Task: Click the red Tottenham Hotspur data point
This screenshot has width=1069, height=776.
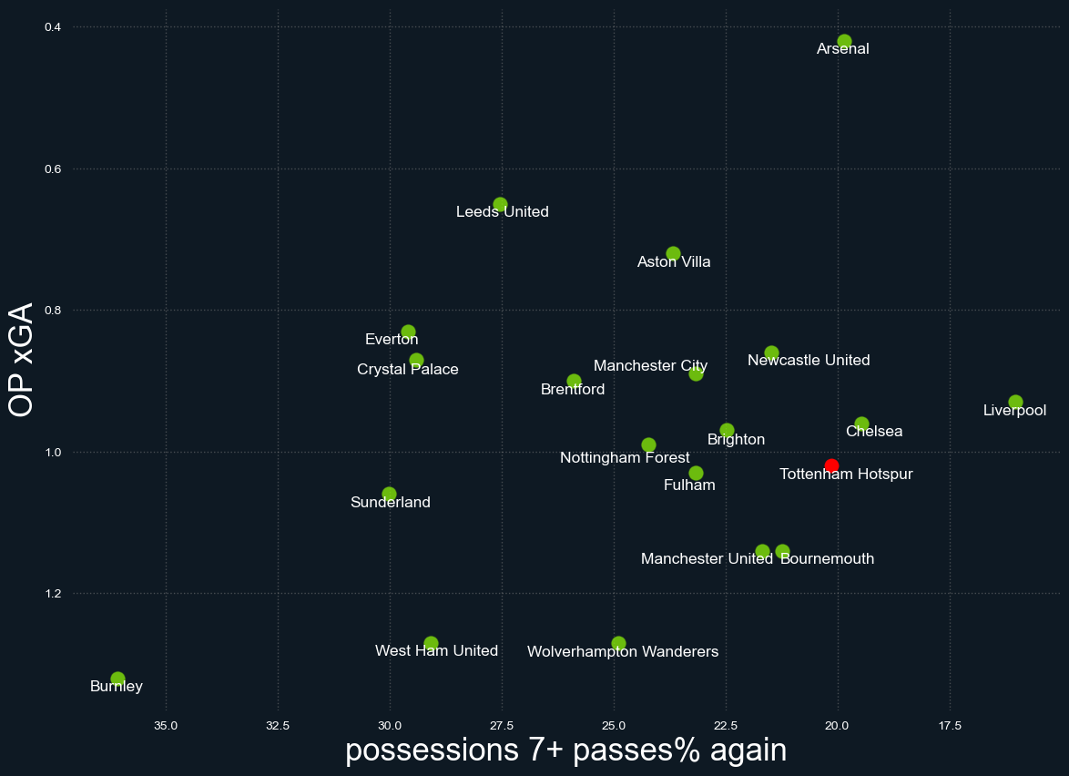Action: click(x=831, y=465)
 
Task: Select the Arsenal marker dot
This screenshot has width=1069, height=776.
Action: click(x=844, y=41)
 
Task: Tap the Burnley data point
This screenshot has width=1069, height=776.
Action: click(x=117, y=679)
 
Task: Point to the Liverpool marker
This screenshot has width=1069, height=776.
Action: click(x=1015, y=402)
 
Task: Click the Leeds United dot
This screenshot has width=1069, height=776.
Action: click(x=500, y=204)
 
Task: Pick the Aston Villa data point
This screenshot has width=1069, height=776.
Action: click(x=673, y=253)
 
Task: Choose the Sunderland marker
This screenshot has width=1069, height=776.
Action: click(x=389, y=494)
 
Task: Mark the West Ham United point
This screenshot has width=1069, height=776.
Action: click(x=431, y=643)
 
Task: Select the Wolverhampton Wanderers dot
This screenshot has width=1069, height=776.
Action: click(x=618, y=643)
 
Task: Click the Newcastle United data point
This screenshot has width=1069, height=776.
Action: click(x=771, y=352)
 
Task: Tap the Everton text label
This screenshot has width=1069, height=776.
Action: click(x=392, y=340)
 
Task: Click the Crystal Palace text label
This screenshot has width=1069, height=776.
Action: click(x=408, y=370)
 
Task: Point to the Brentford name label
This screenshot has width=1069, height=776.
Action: click(x=573, y=390)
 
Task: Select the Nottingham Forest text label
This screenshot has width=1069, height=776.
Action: click(x=625, y=458)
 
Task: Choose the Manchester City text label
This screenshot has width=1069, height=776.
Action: click(x=650, y=366)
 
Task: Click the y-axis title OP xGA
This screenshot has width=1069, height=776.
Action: click(x=21, y=360)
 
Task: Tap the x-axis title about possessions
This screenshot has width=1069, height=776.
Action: click(x=565, y=750)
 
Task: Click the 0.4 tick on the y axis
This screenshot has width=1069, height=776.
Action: click(x=52, y=27)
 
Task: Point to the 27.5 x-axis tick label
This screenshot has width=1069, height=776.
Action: click(x=501, y=726)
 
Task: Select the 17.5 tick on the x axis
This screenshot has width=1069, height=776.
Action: click(x=950, y=726)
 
